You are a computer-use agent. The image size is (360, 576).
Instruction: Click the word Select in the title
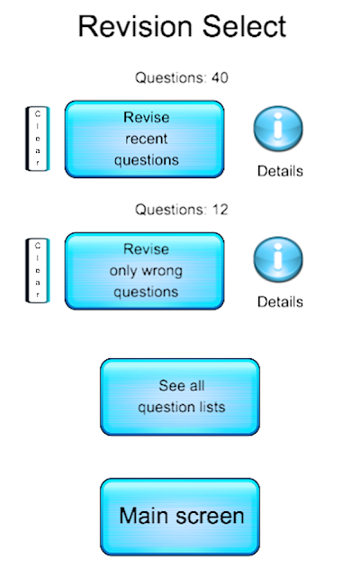click(x=244, y=26)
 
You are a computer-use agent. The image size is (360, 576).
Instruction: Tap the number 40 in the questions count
click(x=220, y=77)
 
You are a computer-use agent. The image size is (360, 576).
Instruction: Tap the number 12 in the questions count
click(x=220, y=210)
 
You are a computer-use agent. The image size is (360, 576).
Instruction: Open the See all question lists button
click(x=180, y=397)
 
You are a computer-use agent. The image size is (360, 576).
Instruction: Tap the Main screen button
click(x=180, y=517)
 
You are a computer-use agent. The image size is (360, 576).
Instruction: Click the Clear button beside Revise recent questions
click(x=38, y=139)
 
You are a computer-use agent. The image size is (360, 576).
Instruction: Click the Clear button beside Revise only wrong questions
click(x=38, y=271)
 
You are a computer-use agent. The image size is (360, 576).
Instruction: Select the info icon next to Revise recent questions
click(x=278, y=129)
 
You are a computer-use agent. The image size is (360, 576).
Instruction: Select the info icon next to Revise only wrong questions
click(x=278, y=259)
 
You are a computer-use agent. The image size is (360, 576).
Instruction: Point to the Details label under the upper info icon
click(x=280, y=171)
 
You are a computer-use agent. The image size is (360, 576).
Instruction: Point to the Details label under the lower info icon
click(x=280, y=302)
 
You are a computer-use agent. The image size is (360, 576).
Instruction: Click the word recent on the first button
click(x=146, y=139)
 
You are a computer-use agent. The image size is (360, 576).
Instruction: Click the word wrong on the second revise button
click(x=162, y=271)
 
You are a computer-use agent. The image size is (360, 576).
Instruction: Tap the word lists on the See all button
click(x=211, y=407)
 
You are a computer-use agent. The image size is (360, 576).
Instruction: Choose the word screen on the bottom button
click(x=210, y=516)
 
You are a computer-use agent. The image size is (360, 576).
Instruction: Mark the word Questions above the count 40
click(x=169, y=77)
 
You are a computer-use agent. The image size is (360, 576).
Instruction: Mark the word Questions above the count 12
click(x=169, y=210)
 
